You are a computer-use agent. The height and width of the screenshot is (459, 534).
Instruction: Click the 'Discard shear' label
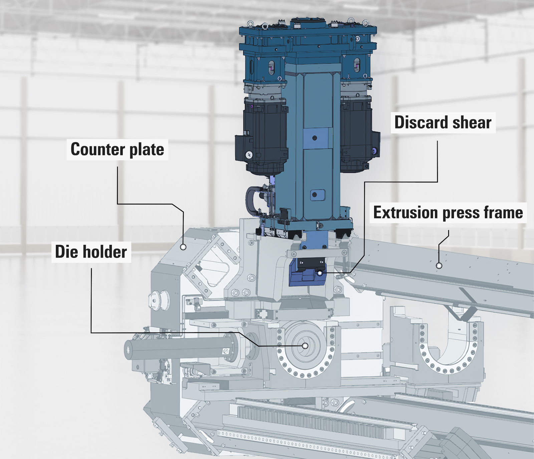[x=443, y=122]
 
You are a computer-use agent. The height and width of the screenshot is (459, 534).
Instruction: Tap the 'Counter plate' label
[x=117, y=149]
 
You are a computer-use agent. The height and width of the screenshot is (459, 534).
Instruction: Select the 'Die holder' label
[x=91, y=252]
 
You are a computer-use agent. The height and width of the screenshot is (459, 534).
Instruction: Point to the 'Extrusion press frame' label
[x=448, y=213]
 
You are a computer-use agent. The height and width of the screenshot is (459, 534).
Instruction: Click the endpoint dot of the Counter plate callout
[x=183, y=247]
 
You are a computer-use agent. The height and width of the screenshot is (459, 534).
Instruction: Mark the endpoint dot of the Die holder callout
[x=305, y=346]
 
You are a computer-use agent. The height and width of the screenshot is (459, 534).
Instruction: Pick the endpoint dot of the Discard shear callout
[x=320, y=273]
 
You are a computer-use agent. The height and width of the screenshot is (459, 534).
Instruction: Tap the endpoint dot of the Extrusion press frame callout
[x=439, y=266]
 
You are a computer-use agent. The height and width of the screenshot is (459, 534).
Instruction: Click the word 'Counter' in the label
[x=98, y=149]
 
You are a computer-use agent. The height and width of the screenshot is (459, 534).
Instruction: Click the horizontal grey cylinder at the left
[x=177, y=349]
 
